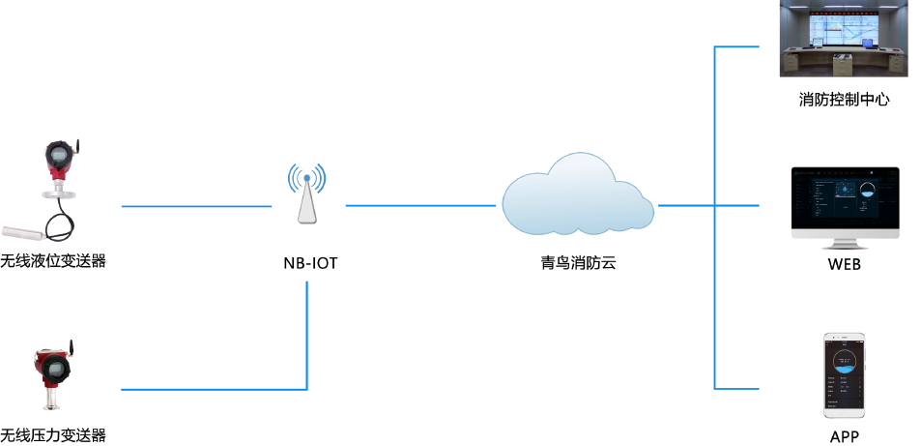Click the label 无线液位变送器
(52, 261)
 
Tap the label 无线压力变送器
(52, 435)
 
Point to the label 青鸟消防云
(578, 261)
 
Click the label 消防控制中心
(844, 99)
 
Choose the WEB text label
(844, 264)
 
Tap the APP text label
(844, 436)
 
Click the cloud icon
(578, 199)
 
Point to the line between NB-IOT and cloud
(421, 206)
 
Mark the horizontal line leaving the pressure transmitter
(213, 389)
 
